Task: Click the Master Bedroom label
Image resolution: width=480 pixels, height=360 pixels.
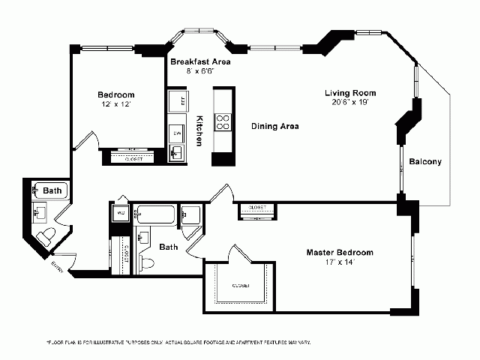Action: click(x=339, y=252)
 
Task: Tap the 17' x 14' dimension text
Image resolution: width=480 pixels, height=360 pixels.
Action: click(x=339, y=262)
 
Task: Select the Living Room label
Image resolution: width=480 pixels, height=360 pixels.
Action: click(x=350, y=93)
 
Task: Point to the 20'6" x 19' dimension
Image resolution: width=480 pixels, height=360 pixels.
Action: click(x=350, y=103)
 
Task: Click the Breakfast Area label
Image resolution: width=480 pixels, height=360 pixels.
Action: click(x=199, y=61)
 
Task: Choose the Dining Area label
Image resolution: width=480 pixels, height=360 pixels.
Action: click(x=274, y=127)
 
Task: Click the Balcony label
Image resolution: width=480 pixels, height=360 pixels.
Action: click(x=425, y=161)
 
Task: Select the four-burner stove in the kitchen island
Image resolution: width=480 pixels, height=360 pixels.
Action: click(x=223, y=121)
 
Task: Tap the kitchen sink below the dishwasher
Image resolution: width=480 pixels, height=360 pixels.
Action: click(x=177, y=153)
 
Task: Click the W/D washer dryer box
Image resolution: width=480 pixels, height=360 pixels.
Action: click(x=120, y=213)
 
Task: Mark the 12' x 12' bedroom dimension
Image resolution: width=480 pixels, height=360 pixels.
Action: click(x=115, y=105)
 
